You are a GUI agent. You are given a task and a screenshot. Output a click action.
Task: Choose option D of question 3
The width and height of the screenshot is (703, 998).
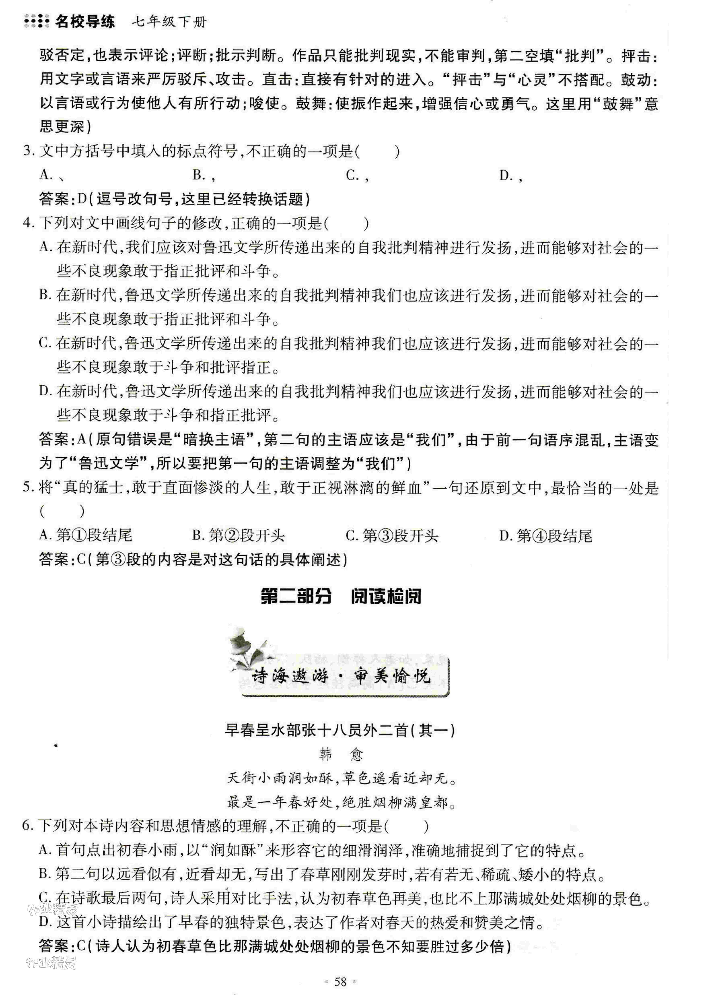(x=511, y=175)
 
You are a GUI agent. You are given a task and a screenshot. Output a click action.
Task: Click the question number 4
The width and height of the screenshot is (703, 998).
(x=28, y=223)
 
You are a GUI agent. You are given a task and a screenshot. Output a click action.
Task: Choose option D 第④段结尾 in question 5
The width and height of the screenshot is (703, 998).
(x=545, y=536)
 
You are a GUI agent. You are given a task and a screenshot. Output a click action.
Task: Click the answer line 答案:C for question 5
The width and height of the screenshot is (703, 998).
(x=193, y=559)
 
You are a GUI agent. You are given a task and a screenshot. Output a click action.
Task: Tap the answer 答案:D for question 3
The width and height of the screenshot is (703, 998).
(x=174, y=199)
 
